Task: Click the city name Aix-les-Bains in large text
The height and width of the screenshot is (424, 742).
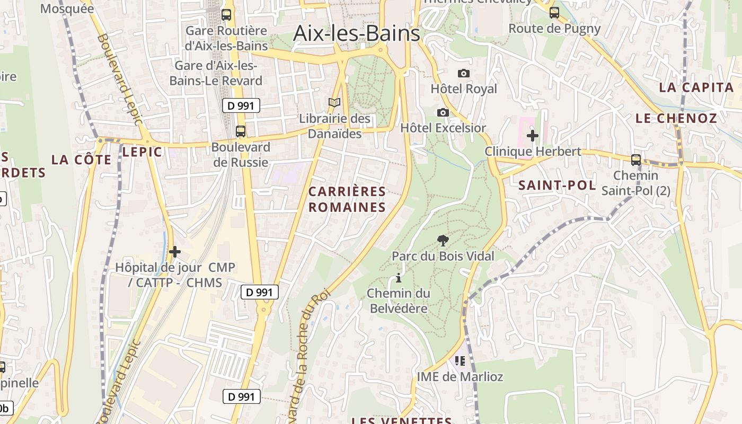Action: pos(356,33)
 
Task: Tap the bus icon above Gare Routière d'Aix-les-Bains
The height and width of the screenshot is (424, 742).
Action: pos(226,15)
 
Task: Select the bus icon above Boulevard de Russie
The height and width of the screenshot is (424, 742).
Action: pos(241,131)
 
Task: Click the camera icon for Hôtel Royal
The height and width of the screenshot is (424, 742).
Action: pos(464,73)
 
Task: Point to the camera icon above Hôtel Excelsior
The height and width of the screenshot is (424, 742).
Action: pos(443,112)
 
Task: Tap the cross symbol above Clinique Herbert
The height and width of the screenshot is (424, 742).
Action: pos(533,136)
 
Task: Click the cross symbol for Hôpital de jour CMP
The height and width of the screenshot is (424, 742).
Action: pos(175,252)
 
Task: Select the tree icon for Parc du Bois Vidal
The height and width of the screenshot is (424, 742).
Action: pos(443,241)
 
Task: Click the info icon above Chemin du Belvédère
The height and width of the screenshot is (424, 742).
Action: pos(399,278)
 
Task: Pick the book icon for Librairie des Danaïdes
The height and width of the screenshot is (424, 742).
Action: pos(334,103)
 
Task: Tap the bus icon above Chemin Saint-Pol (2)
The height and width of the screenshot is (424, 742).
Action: pos(635,160)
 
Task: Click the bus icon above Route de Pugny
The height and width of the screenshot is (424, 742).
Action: pos(554,13)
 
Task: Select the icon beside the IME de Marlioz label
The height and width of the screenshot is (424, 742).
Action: pos(460,361)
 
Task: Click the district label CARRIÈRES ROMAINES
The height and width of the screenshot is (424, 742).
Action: pos(347,199)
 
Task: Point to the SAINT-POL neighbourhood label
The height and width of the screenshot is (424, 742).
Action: pos(557,185)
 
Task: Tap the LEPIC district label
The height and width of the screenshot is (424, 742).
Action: pos(142,152)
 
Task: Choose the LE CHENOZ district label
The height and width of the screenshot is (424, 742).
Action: pos(676,118)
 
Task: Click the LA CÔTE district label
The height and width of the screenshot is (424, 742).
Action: pos(82,160)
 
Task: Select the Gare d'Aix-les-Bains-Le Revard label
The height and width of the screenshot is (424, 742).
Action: pos(216,73)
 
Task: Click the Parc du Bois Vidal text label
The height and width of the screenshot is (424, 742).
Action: pos(443,257)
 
